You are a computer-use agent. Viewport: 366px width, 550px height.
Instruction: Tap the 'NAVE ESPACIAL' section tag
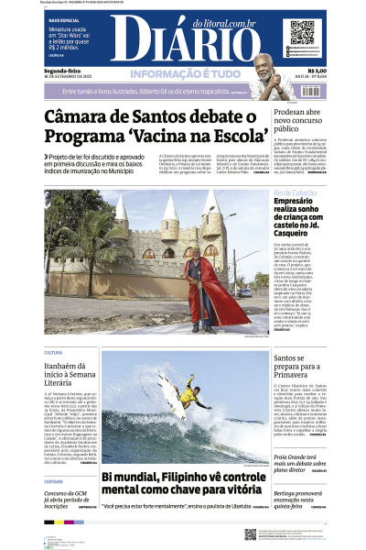point(63,18)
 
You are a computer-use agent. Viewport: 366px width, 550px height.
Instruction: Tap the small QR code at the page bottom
point(250,533)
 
